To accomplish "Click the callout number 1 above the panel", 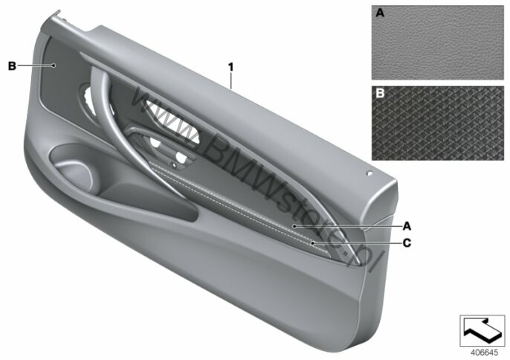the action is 230,67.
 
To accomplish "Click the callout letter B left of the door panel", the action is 12,65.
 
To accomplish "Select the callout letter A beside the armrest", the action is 407,226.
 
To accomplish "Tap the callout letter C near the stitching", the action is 407,242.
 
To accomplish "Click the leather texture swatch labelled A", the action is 437,42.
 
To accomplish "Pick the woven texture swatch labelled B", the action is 437,123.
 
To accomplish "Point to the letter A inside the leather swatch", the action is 380,13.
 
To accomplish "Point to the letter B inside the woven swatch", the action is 380,94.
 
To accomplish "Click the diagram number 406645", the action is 484,353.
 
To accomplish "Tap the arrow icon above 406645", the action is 482,331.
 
